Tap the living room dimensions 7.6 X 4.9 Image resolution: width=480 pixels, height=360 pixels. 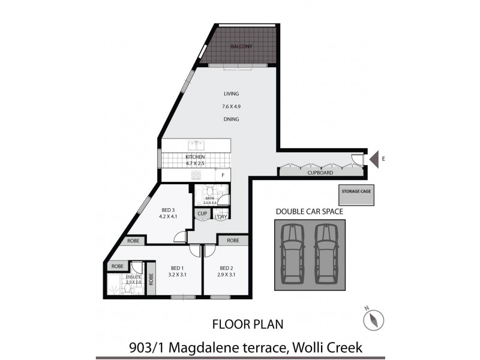[x=231, y=107]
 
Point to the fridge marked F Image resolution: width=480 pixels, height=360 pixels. [x=223, y=175]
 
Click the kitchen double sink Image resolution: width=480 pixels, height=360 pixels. [x=196, y=145]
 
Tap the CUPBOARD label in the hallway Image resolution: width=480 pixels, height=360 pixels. [x=320, y=172]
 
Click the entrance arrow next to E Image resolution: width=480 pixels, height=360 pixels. [x=373, y=159]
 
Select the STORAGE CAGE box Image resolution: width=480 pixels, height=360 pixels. [x=356, y=191]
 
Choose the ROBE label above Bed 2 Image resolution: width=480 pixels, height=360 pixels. [x=233, y=240]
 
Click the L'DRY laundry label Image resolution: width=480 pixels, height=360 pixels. [x=221, y=216]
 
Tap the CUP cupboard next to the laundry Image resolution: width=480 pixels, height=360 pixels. [x=202, y=213]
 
